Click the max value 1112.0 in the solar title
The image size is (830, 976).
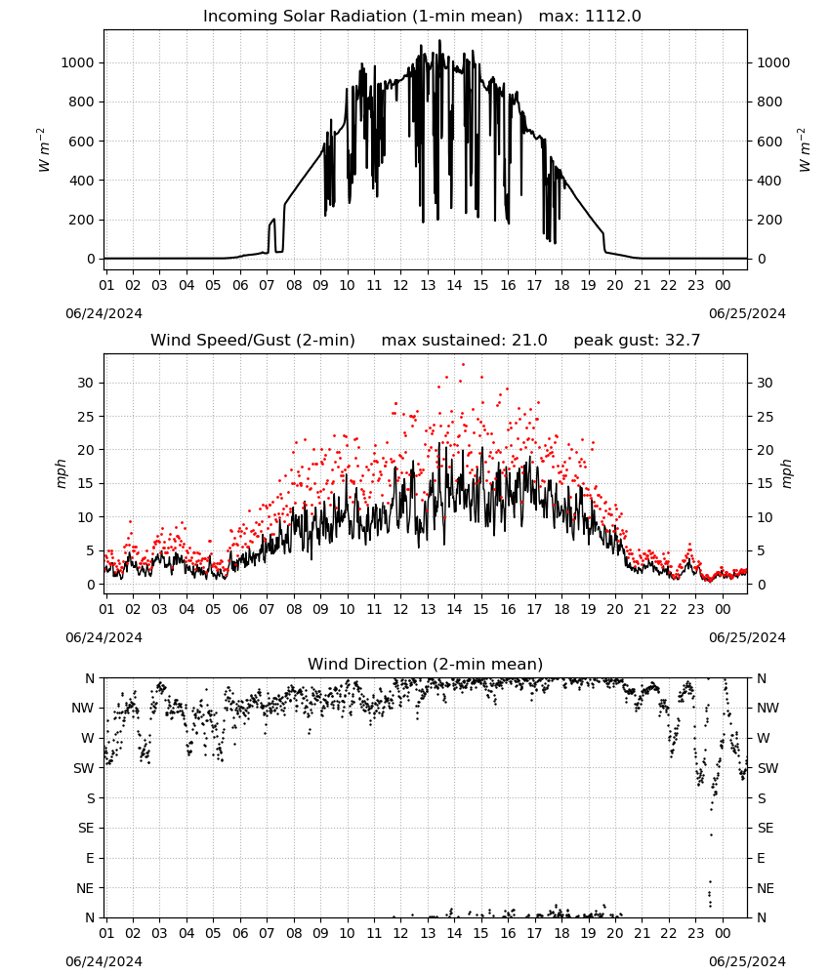click(x=612, y=16)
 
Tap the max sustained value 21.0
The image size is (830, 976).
click(x=529, y=340)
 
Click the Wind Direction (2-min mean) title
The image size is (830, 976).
click(x=426, y=664)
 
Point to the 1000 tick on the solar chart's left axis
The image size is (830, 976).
click(x=77, y=62)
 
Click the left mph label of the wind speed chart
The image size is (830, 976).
click(x=61, y=473)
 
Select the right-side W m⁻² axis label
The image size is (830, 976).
click(x=804, y=149)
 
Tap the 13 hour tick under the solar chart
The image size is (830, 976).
click(x=428, y=285)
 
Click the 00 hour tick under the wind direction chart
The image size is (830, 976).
click(x=723, y=932)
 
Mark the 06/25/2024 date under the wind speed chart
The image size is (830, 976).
click(x=747, y=637)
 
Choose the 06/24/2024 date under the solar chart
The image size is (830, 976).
click(x=104, y=313)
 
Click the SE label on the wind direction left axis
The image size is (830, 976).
click(x=86, y=828)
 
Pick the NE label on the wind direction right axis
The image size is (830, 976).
click(x=766, y=888)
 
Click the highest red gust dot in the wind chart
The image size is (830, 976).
click(x=463, y=365)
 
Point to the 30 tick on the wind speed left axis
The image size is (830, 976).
click(x=86, y=383)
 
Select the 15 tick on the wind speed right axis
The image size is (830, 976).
click(x=765, y=484)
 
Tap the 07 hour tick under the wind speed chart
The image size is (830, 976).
click(x=267, y=609)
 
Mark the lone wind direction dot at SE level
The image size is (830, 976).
click(x=711, y=834)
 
